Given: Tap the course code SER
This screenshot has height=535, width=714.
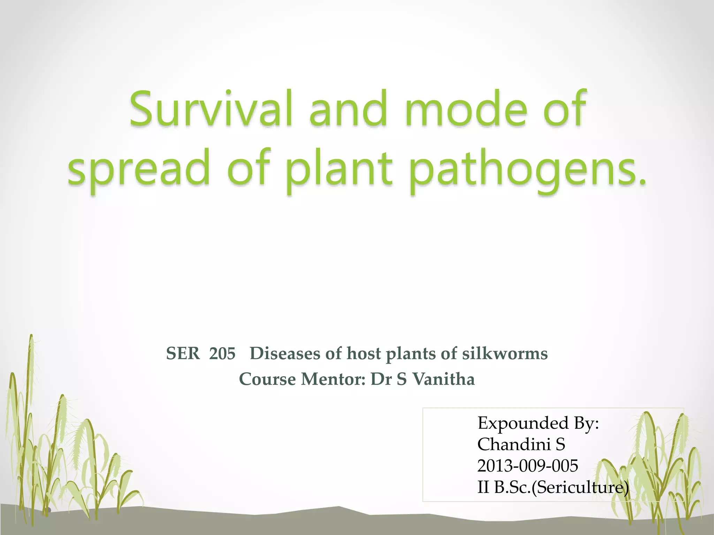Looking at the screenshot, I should (x=183, y=354).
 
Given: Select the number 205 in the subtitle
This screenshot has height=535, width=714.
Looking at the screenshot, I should (x=222, y=354).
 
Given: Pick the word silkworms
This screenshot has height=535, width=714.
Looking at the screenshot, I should (x=505, y=354).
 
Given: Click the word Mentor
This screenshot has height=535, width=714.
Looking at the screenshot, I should (x=333, y=379).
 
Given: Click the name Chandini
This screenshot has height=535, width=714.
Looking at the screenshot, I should (x=512, y=445).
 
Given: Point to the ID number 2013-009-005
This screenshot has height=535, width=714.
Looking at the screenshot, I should (x=527, y=466).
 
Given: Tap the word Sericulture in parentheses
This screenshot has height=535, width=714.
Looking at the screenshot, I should (x=579, y=487).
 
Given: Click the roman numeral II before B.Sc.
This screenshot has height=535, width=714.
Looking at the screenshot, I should (x=483, y=487).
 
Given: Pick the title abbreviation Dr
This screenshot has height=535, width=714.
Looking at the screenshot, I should (x=381, y=379).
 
